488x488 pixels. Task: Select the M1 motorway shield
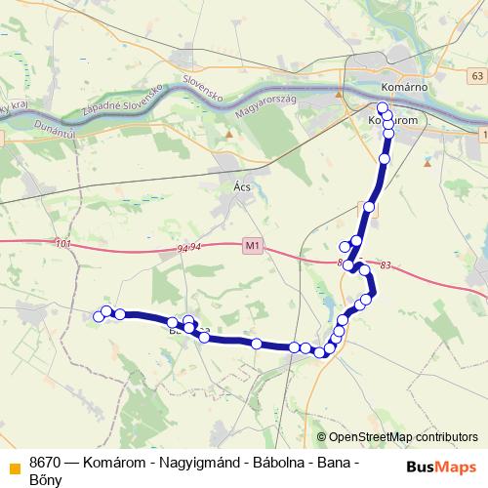coord(252,245)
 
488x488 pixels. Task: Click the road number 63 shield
coord(474,76)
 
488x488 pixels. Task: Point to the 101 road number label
coord(64,243)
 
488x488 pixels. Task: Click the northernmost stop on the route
coord(383,107)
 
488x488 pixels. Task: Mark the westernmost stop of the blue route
coord(98,315)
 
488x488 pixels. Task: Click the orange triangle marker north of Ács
coord(228,135)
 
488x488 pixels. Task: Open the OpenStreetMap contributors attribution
coord(403,437)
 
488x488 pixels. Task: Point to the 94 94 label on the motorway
coord(189,248)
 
